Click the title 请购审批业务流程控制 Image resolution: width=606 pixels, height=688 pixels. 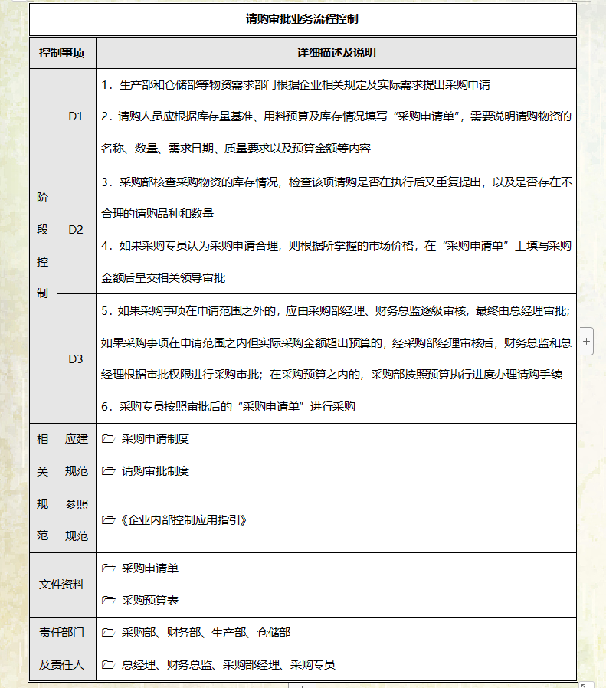[303, 20]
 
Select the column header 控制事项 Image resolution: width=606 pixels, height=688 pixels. [62, 54]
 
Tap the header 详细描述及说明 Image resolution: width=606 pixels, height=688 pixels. [336, 54]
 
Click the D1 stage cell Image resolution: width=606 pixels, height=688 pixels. [75, 116]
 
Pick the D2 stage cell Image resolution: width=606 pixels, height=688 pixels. [75, 229]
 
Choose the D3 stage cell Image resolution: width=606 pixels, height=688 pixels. [75, 359]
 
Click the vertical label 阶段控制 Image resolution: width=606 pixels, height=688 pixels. [42, 245]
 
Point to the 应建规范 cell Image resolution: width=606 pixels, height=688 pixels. [76, 455]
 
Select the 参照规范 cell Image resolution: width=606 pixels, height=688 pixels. [76, 519]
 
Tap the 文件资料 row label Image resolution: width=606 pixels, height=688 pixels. [62, 585]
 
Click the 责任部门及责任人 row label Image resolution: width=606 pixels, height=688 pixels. [62, 649]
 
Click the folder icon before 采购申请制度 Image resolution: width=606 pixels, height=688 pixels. [108, 440]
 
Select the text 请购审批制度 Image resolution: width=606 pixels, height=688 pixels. [156, 470]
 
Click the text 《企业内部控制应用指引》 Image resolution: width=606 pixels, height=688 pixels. [182, 519]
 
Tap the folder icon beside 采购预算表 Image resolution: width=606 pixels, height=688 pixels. [108, 601]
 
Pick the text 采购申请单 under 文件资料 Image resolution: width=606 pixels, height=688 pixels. [150, 568]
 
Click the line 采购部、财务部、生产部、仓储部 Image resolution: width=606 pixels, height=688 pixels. [206, 633]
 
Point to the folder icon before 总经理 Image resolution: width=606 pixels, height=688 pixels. [108, 664]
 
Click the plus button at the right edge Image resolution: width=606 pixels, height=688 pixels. [587, 342]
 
